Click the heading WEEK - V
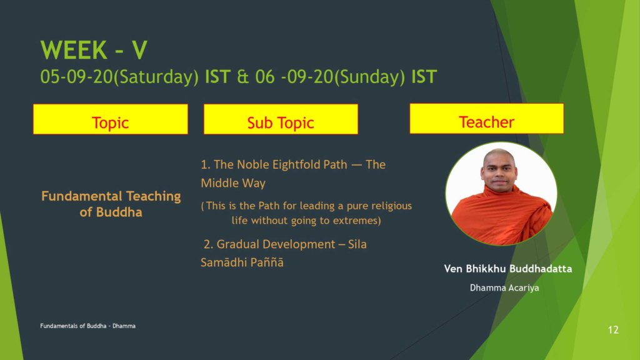tap(94, 50)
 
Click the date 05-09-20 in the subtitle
tap(76, 77)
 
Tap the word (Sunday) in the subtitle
tap(369, 77)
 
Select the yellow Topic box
tap(111, 119)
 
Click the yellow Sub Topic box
tap(281, 119)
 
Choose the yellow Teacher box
tap(486, 118)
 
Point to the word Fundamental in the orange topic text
tap(82, 196)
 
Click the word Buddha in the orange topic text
tap(119, 212)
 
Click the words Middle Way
tap(233, 183)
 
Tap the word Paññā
tap(267, 262)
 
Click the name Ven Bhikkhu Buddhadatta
tap(507, 269)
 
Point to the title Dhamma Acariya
tap(504, 287)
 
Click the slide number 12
tap(613, 330)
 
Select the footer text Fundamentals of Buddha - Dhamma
tap(87, 326)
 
